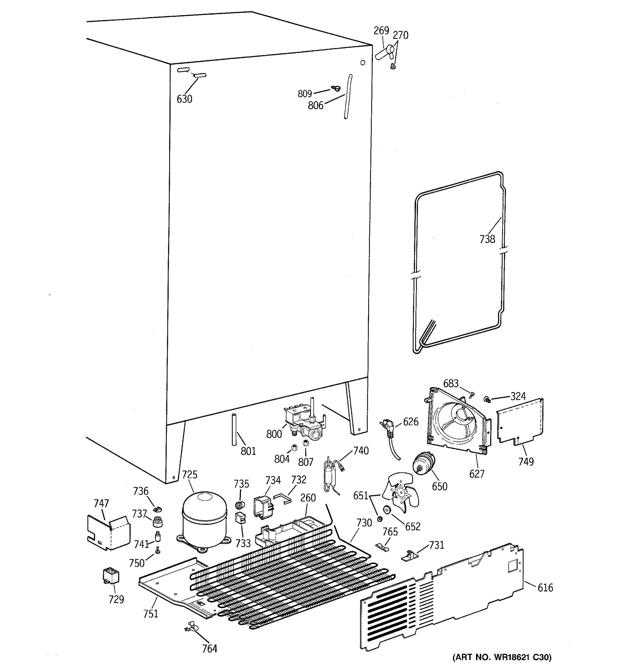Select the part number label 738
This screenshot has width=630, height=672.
(x=487, y=239)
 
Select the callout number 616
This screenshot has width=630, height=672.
(x=545, y=588)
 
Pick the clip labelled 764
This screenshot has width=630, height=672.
(x=190, y=626)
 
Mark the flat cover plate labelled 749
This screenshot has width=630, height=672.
(x=521, y=421)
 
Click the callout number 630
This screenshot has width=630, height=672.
(x=184, y=99)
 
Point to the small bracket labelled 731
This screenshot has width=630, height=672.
(x=410, y=555)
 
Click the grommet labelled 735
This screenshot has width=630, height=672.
(x=240, y=506)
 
